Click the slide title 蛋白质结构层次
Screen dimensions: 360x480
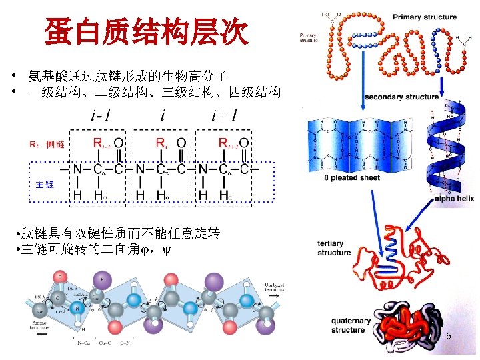pos(146,31)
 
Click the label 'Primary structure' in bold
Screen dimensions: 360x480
pos(425,17)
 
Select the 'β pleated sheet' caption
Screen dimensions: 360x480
pos(352,178)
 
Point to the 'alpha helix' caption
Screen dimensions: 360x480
pos(454,199)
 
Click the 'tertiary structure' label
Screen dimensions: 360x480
pos(334,248)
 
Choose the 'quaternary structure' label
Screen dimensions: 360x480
pos(348,325)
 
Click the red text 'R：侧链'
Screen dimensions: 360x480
pos(46,144)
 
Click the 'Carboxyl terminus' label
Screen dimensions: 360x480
pos(275,287)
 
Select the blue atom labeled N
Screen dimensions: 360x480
pos(79,309)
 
